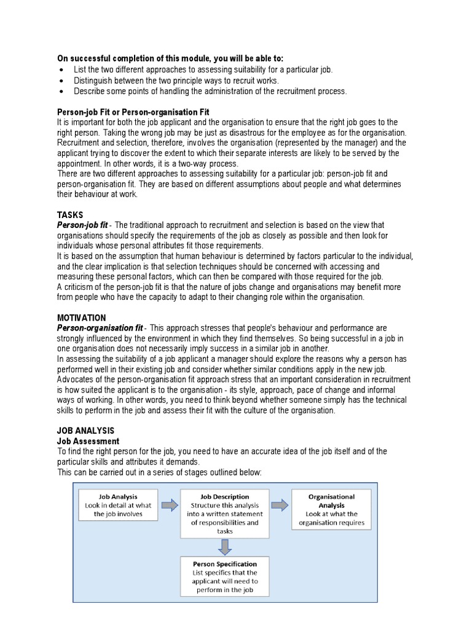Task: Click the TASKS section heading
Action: click(x=70, y=216)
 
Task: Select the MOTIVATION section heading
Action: click(x=81, y=318)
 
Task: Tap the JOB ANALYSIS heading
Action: click(x=85, y=431)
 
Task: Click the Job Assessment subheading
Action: click(x=88, y=441)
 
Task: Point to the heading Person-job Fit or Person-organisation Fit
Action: click(x=133, y=112)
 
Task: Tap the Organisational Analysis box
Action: click(x=331, y=509)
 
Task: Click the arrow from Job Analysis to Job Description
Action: click(x=169, y=506)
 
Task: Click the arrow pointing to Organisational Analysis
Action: click(x=280, y=506)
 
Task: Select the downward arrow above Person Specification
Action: click(x=225, y=545)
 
